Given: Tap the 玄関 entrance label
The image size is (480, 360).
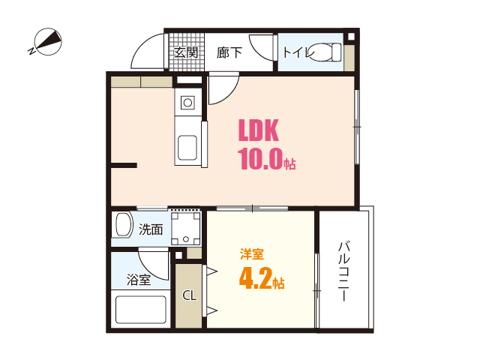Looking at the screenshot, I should [x=185, y=52].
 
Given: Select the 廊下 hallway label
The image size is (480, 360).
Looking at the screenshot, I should [x=229, y=52].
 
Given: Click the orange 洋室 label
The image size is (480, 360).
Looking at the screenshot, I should [x=251, y=253].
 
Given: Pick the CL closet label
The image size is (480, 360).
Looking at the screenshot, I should [x=189, y=295].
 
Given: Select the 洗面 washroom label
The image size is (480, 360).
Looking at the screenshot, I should [x=151, y=229].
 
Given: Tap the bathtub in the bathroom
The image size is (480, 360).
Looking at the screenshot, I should [x=140, y=309].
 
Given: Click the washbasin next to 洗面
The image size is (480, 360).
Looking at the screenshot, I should [x=122, y=226].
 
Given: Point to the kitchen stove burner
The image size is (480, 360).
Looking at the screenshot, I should [x=187, y=101].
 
